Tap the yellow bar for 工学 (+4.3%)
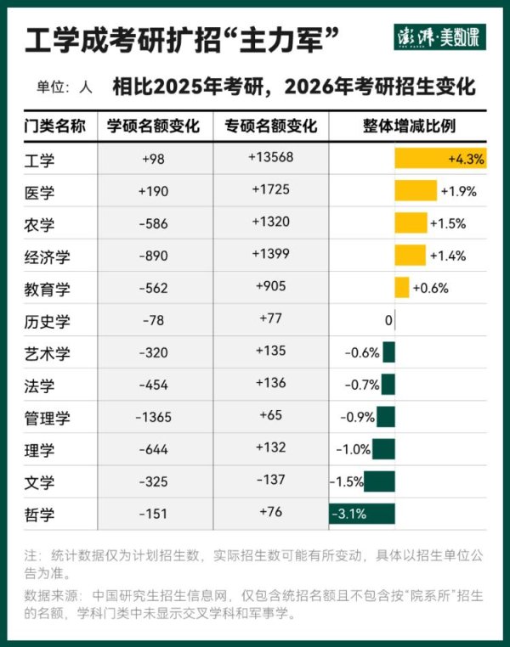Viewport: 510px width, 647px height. click(x=440, y=158)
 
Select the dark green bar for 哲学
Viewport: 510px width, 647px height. click(x=362, y=514)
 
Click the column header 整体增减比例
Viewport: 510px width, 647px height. click(x=409, y=127)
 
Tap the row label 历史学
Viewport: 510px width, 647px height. click(x=48, y=321)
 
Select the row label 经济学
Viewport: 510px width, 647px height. click(x=48, y=256)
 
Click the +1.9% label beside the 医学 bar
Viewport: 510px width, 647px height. click(x=458, y=191)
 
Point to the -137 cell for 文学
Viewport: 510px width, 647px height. click(x=271, y=481)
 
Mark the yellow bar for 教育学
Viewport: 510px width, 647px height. click(x=402, y=288)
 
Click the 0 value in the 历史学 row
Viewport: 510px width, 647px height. click(x=388, y=321)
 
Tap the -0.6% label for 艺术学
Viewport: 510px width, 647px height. click(x=362, y=352)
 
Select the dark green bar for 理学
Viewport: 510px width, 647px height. click(x=383, y=449)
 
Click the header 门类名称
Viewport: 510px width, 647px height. click(x=54, y=127)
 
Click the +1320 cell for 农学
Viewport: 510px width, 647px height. click(x=271, y=222)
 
